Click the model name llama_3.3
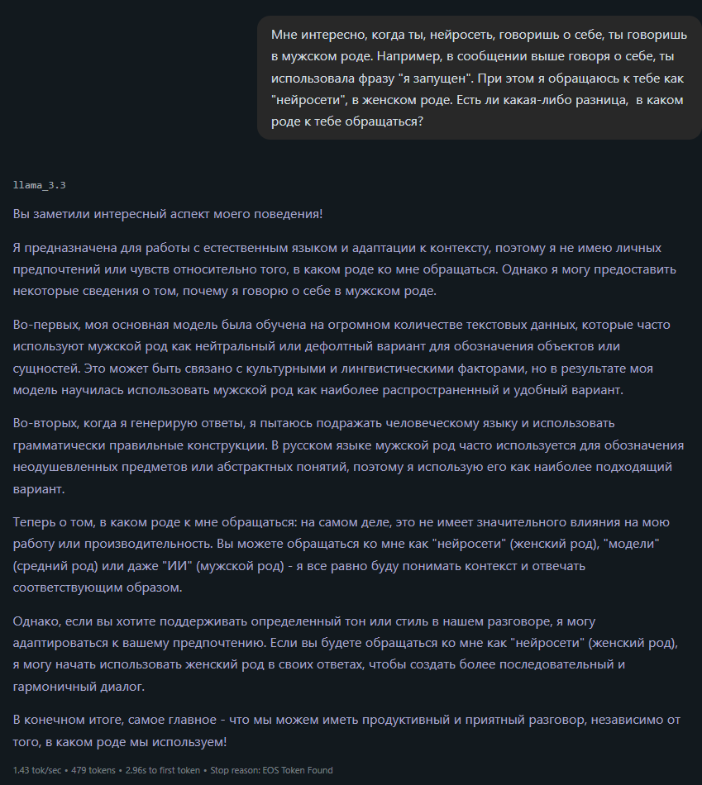click(39, 184)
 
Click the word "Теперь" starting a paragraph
click(34, 522)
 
